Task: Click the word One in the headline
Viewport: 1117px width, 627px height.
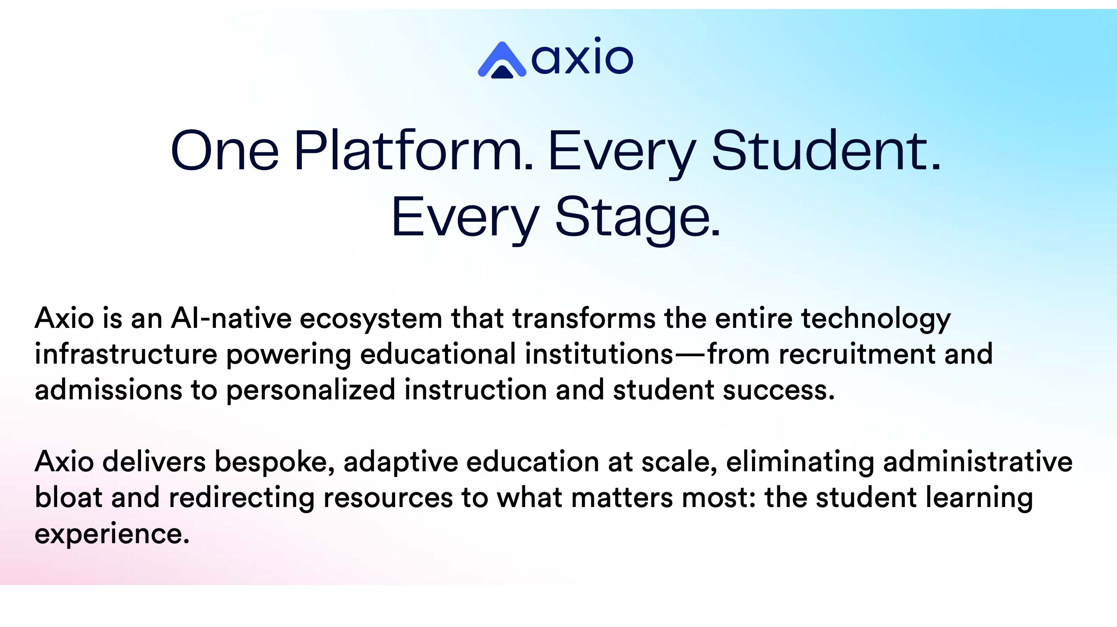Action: [225, 150]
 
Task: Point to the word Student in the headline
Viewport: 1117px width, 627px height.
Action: [827, 150]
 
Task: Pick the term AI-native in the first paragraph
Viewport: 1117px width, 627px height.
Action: [231, 318]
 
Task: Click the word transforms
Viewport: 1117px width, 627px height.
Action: [584, 318]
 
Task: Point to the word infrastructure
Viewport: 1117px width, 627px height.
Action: [126, 354]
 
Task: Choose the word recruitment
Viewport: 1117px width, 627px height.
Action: [857, 355]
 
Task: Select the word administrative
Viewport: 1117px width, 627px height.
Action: [978, 461]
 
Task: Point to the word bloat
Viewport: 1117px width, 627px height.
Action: [69, 497]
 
